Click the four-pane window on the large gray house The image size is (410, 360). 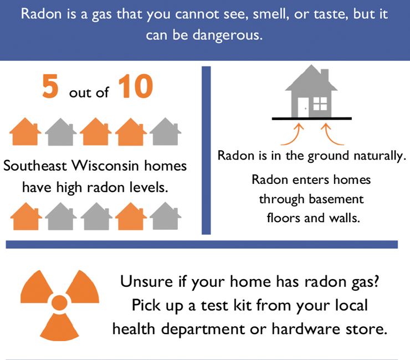click(x=320, y=104)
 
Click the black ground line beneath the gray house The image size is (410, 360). click(x=311, y=118)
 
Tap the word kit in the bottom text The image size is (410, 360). click(x=250, y=305)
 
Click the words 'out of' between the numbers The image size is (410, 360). click(x=89, y=92)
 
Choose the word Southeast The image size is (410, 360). click(x=40, y=166)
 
